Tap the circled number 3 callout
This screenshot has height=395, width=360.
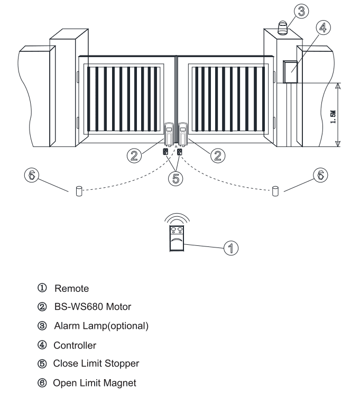click(301, 11)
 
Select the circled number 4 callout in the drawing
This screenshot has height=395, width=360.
click(323, 27)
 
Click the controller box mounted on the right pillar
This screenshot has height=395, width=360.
click(290, 72)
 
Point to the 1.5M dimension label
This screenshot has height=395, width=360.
click(333, 117)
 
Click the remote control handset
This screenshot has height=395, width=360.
click(177, 238)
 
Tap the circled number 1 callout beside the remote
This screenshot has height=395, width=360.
click(231, 248)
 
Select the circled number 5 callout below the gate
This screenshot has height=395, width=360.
click(176, 179)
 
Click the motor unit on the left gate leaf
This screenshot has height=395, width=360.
click(169, 134)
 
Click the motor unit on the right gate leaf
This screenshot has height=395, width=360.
click(183, 134)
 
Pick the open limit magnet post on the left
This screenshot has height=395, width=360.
click(79, 191)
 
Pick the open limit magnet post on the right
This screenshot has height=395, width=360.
click(275, 191)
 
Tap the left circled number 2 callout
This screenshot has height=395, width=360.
click(134, 155)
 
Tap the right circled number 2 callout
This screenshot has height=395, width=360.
click(218, 155)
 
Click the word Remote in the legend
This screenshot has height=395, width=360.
click(72, 288)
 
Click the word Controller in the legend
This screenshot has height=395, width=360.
click(75, 345)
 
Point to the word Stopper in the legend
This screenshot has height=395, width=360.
click(122, 363)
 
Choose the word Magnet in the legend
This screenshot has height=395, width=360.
click(120, 383)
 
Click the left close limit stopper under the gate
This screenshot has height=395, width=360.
click(165, 152)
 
